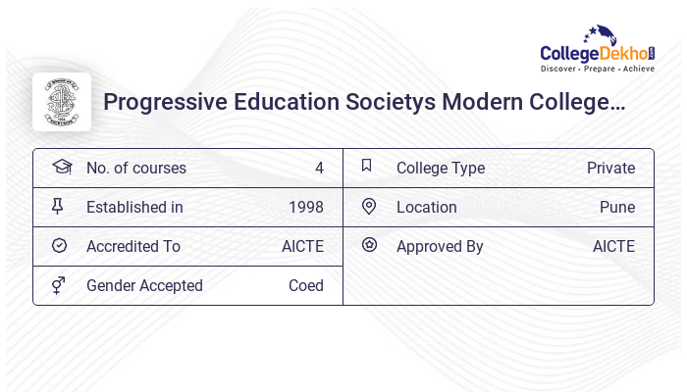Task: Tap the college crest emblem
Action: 62,102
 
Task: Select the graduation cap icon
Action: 62,168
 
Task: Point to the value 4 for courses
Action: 319,168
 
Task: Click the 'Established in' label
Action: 134,207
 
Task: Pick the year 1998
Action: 306,207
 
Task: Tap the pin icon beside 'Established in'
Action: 59,207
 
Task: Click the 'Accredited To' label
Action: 133,246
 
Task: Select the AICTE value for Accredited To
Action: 302,246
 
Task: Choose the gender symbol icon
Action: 59,285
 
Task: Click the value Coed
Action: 306,285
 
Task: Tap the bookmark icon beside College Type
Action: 367,167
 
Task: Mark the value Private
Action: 610,168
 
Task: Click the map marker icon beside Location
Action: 369,206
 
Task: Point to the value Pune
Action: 617,207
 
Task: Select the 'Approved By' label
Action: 440,246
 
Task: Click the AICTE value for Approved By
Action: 613,246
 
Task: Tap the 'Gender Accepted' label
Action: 144,285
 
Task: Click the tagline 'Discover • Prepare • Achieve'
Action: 597,69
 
